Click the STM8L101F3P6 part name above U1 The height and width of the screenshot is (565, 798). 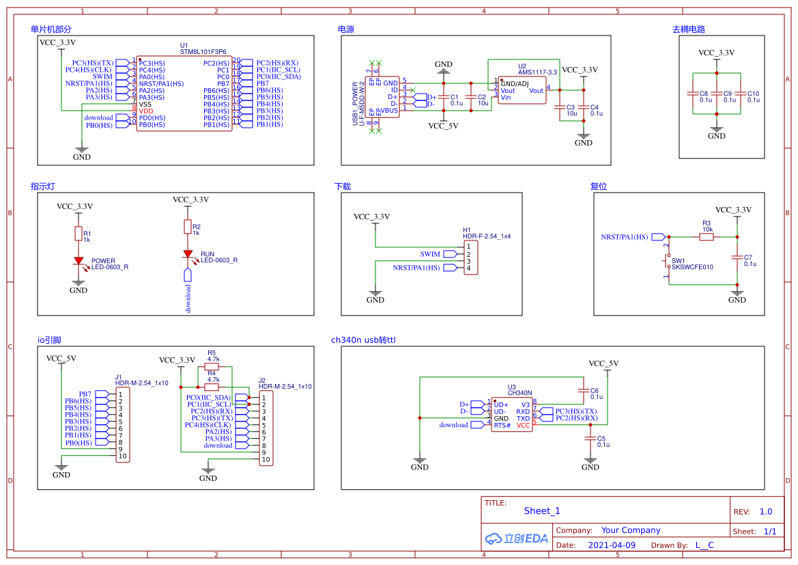click(x=203, y=52)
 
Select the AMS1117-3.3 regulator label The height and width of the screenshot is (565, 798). click(x=537, y=72)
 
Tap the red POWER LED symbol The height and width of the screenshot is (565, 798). click(x=79, y=260)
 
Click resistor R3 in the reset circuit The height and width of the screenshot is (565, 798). click(x=707, y=236)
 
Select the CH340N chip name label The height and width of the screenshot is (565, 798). click(x=519, y=393)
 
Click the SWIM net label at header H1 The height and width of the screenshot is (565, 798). click(x=430, y=254)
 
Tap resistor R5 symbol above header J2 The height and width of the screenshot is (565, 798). click(x=212, y=366)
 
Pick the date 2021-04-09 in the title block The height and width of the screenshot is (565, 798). click(x=612, y=545)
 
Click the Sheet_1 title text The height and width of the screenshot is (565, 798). click(x=542, y=511)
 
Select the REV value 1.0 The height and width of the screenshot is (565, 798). click(x=766, y=512)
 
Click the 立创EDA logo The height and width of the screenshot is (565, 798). click(x=516, y=538)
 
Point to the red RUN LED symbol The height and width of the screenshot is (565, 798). click(x=188, y=253)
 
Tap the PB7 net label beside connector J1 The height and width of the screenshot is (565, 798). click(x=85, y=394)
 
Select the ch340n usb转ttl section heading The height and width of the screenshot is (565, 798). click(x=363, y=340)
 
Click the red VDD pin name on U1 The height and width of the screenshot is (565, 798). click(x=146, y=111)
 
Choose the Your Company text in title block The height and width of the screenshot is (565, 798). click(x=631, y=530)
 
